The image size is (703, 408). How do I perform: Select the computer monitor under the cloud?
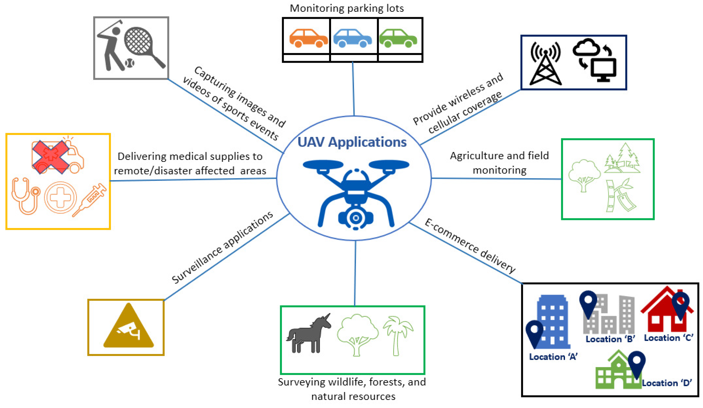click(604, 70)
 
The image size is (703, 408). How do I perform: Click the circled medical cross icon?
click(60, 197)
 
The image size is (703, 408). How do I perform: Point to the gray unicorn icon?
click(308, 334)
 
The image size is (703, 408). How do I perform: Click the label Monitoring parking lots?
click(347, 8)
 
